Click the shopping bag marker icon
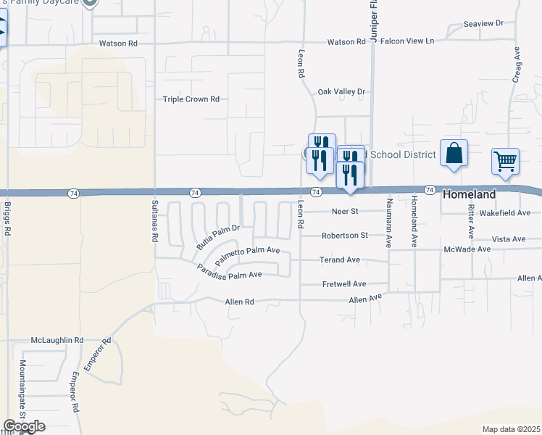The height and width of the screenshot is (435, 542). (454, 154)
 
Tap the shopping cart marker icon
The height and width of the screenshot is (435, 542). (505, 162)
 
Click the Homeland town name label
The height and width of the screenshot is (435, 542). (470, 194)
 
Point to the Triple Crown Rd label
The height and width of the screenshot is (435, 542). (191, 99)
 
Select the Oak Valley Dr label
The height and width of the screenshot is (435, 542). (343, 92)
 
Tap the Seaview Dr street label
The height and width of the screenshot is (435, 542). (483, 24)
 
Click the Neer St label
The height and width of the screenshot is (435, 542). (346, 212)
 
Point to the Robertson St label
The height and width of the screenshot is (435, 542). (346, 236)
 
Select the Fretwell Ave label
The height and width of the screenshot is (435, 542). (345, 284)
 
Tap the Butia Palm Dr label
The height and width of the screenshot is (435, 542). (217, 236)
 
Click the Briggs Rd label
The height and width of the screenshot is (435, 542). (8, 218)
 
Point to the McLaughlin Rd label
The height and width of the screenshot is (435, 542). (57, 340)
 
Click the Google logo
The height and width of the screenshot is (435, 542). (25, 426)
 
